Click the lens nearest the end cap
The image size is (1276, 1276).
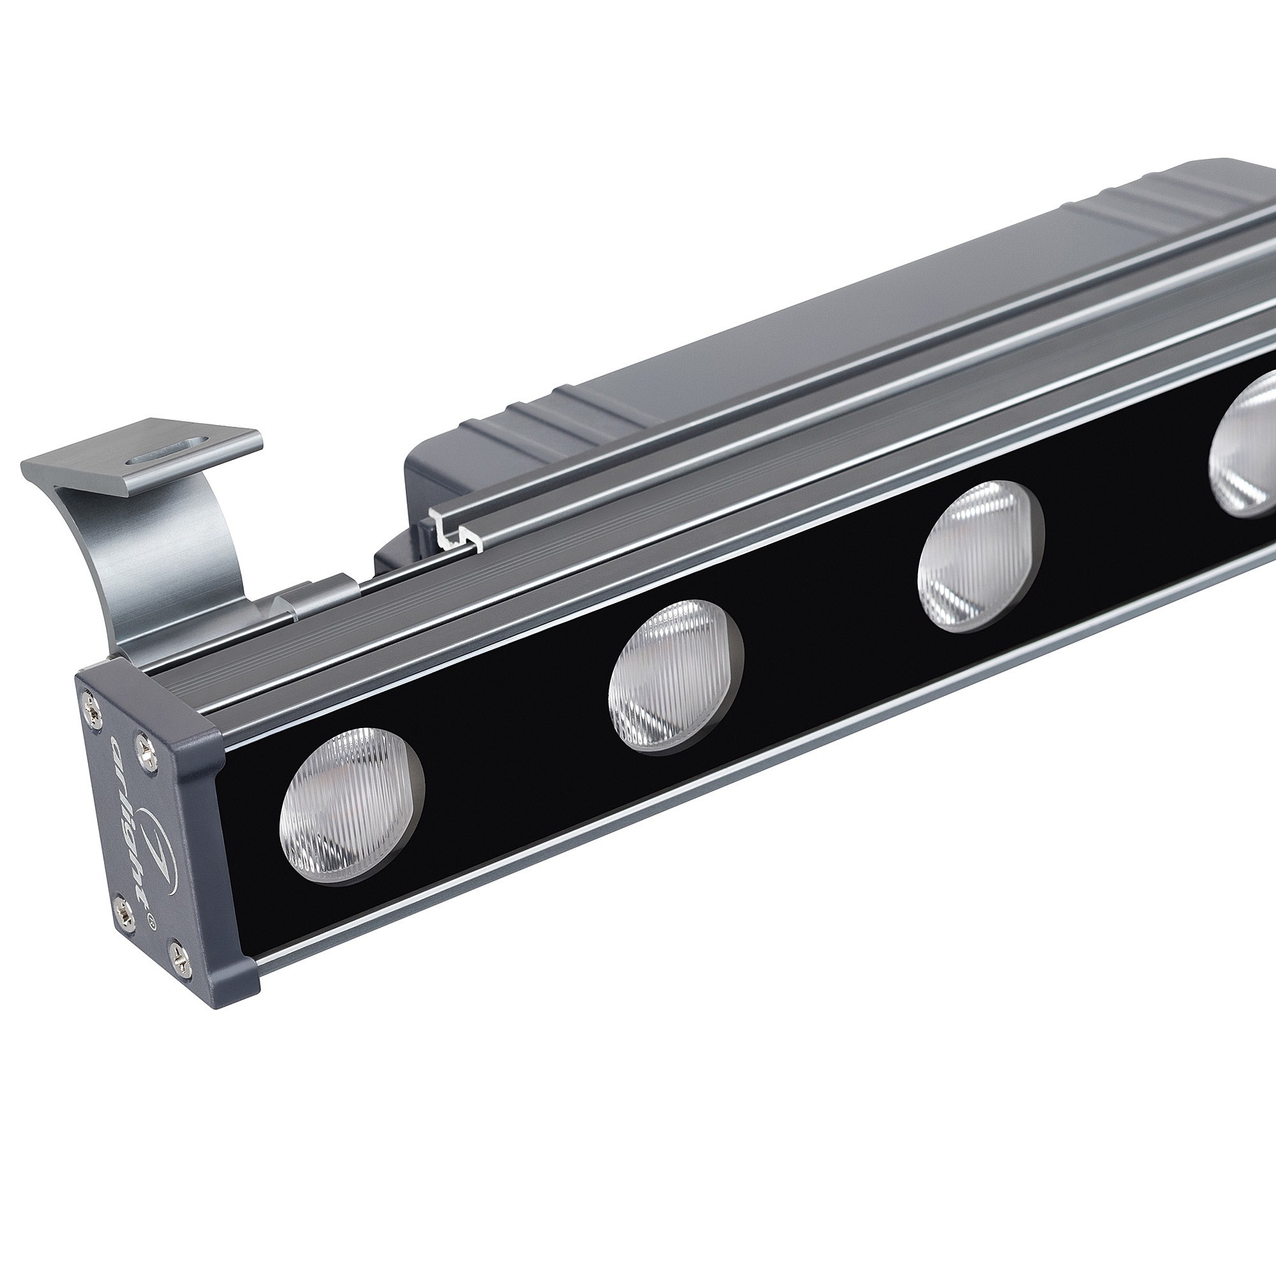click(x=352, y=806)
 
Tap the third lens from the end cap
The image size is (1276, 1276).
click(x=980, y=556)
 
